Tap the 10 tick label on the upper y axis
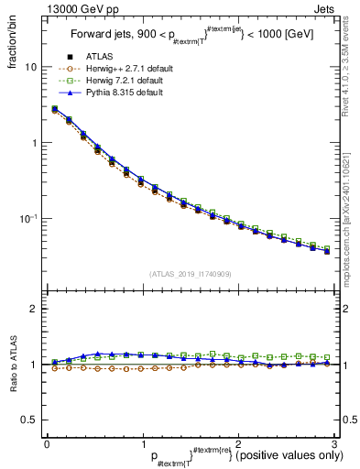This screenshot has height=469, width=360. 30,68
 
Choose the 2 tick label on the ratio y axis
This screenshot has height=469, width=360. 33,310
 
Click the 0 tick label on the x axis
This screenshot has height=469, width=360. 47,442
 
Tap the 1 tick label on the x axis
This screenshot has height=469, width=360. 142,442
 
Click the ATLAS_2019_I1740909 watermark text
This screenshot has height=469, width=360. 190,274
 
